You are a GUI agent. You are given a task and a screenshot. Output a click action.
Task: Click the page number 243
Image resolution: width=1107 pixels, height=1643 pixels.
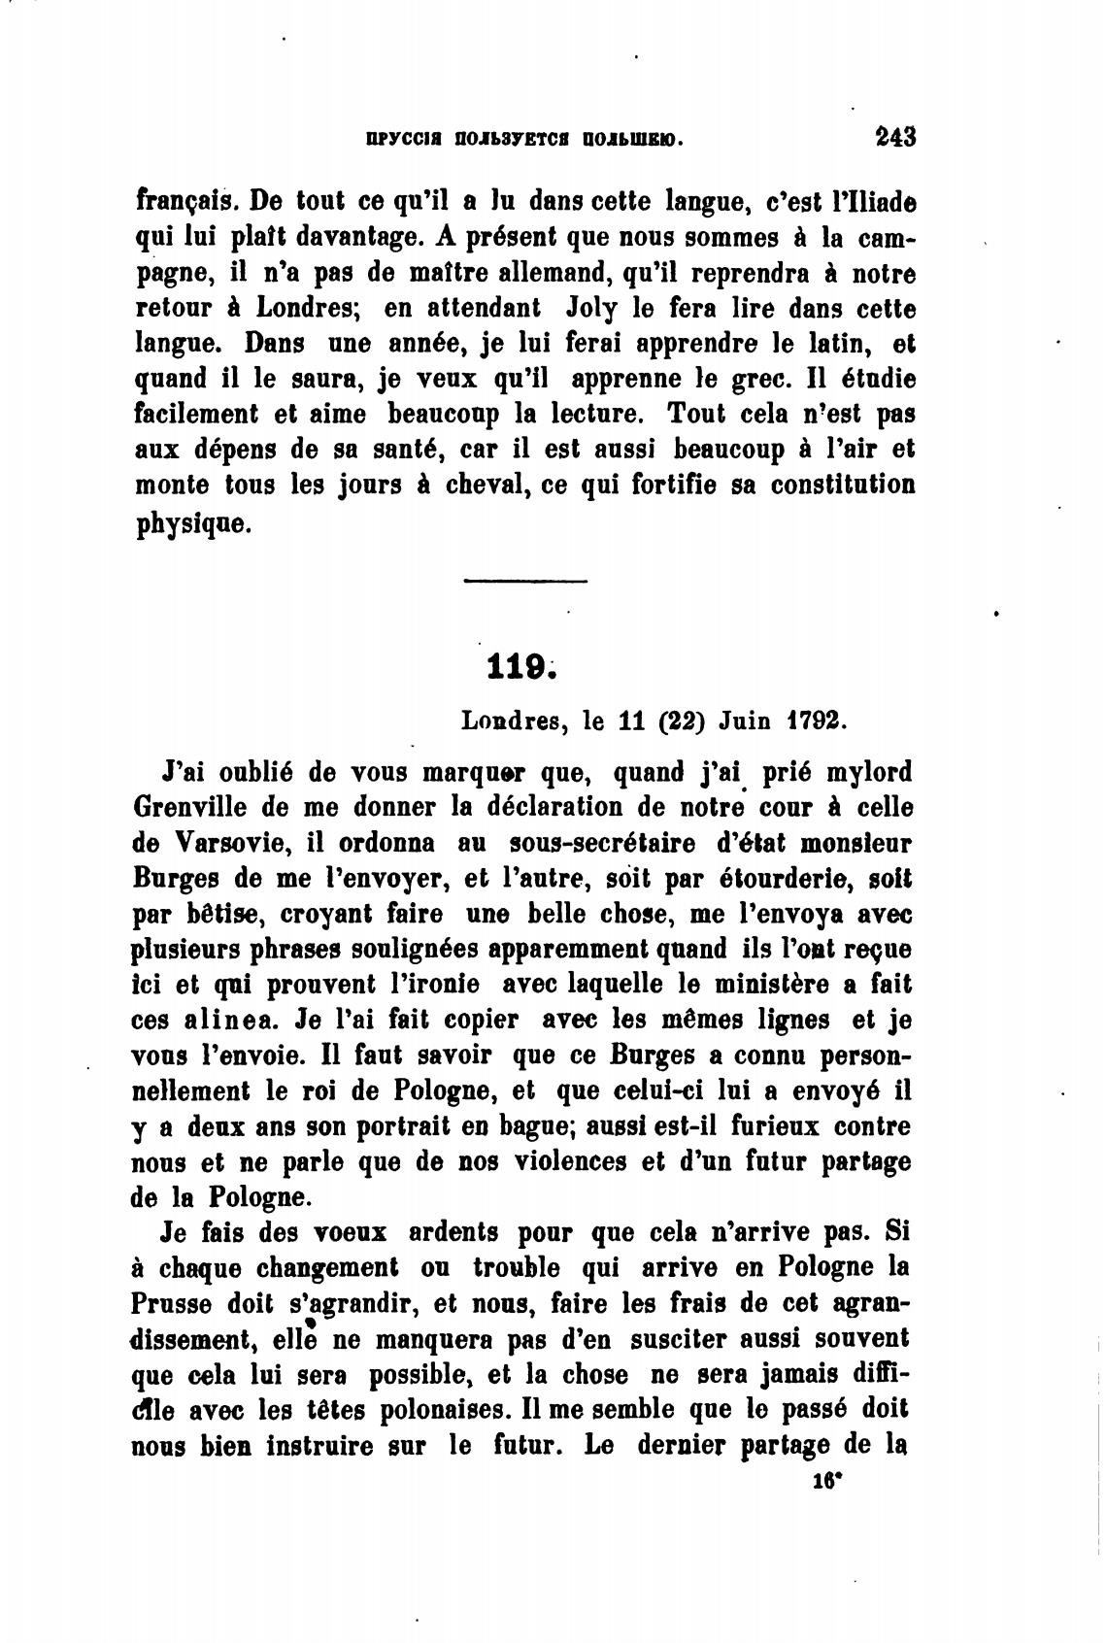tap(894, 137)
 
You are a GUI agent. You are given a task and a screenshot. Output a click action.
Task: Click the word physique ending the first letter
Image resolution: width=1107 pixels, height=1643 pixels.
tap(194, 524)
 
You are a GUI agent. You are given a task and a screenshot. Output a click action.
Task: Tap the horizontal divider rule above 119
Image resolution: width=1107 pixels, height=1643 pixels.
tap(525, 582)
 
